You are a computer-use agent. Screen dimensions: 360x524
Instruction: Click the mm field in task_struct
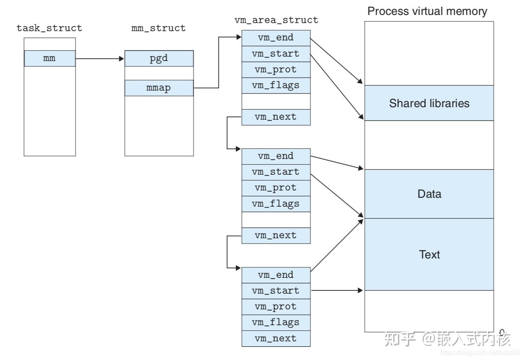coord(49,58)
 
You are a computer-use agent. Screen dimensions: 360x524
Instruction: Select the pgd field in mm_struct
coord(158,58)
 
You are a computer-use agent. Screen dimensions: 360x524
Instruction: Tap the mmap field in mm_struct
coord(158,88)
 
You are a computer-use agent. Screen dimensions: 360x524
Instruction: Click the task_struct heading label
coord(49,28)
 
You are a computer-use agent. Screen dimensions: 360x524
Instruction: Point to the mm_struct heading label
coord(158,28)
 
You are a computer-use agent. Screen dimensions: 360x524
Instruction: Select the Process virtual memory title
coord(427,11)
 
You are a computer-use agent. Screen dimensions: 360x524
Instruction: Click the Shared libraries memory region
coord(429,103)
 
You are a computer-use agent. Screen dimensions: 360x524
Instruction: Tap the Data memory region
coord(429,194)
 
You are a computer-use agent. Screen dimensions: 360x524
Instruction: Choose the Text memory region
coord(429,254)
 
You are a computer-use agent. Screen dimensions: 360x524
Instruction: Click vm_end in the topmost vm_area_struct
coord(276,38)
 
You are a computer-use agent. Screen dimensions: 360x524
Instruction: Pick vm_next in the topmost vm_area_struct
coord(276,117)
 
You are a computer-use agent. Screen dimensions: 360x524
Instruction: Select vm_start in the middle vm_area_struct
coord(276,172)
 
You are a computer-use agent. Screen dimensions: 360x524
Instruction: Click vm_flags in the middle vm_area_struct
coord(276,203)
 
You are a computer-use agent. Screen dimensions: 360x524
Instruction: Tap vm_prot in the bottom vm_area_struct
coord(276,307)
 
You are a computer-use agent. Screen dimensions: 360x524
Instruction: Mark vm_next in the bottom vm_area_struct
coord(276,338)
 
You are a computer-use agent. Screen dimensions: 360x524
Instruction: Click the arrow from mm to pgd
coord(99,59)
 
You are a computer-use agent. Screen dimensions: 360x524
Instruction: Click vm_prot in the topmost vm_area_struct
coord(276,70)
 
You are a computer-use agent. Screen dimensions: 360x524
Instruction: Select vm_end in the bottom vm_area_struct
coord(276,275)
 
